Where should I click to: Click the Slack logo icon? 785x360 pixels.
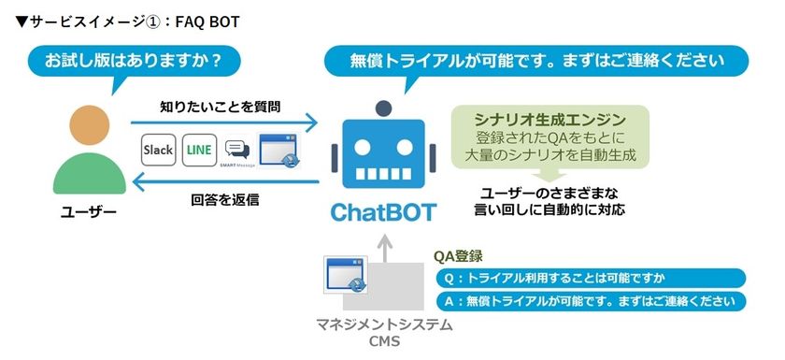158,150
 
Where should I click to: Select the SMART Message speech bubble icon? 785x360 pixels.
237,151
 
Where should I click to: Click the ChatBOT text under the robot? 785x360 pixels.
383,212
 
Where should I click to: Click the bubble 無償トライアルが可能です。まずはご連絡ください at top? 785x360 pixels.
536,61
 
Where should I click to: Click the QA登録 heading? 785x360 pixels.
458,255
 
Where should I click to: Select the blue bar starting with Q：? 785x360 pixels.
591,279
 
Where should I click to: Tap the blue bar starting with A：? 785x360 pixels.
591,302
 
